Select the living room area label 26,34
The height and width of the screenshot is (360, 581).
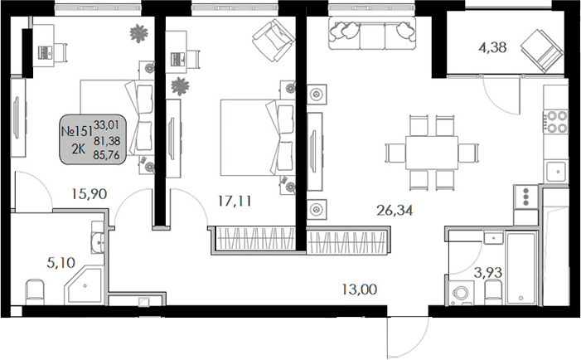click(394, 210)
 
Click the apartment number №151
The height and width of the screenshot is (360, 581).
click(76, 130)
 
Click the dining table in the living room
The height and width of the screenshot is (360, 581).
click(431, 153)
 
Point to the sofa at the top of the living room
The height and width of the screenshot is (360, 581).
click(372, 32)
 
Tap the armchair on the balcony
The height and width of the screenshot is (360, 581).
click(540, 50)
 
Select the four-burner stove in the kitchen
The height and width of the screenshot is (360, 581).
click(555, 122)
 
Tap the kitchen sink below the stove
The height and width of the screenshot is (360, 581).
click(555, 171)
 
